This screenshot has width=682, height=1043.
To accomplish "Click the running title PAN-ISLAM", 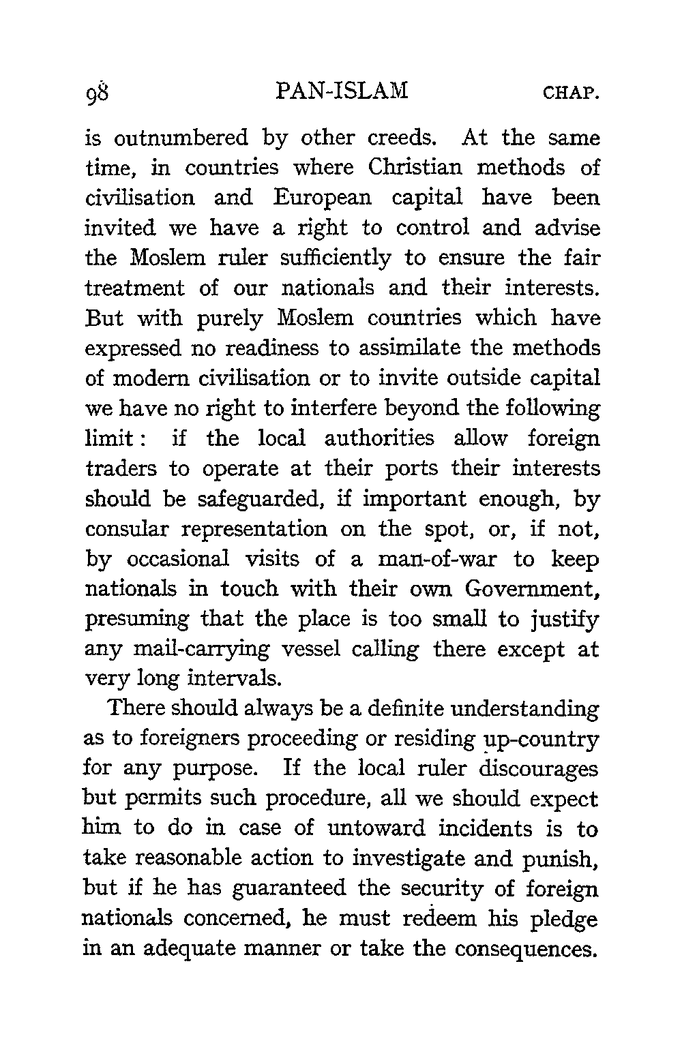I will tap(343, 91).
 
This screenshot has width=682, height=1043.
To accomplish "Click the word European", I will tap(323, 198).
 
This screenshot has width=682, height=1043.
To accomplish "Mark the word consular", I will tap(134, 529).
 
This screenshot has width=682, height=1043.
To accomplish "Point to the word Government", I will tap(532, 589).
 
